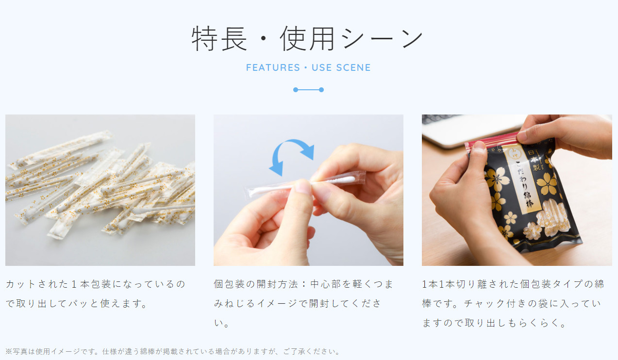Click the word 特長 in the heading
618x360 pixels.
(219, 39)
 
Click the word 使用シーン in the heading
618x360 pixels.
(351, 39)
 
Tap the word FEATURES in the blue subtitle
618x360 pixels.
(272, 67)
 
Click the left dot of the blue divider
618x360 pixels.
(296, 90)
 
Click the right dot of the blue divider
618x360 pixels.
(321, 90)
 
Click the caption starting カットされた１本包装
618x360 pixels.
(96, 294)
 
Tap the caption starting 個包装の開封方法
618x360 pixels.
(303, 304)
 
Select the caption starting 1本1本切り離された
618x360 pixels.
(513, 304)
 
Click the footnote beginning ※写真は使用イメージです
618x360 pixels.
(172, 351)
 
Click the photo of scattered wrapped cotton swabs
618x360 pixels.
(100, 190)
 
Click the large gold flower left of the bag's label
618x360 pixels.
(499, 179)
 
